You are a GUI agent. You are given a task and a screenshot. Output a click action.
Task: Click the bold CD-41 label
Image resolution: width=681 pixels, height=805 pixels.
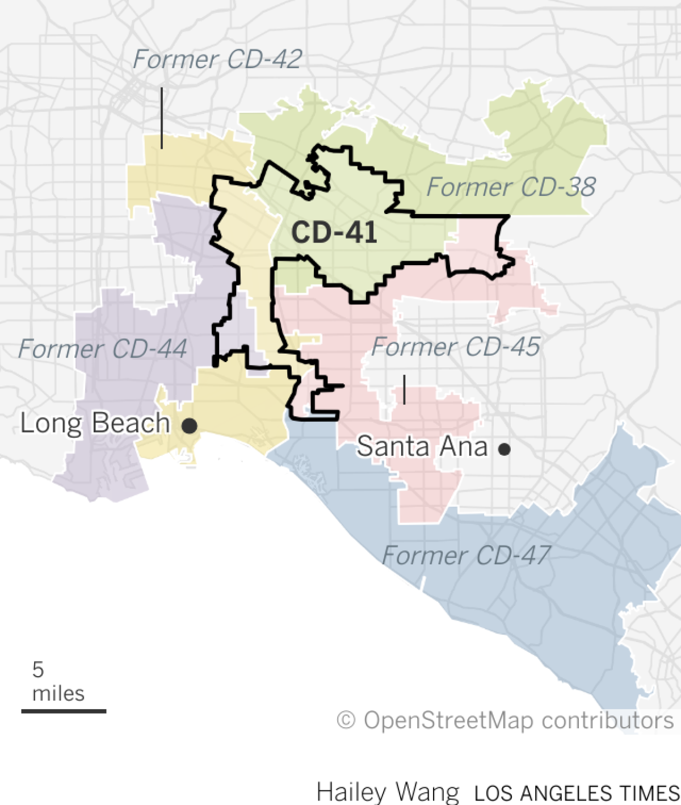coord(334,232)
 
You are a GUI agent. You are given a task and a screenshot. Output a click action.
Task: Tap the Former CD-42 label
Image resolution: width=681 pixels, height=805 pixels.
coord(217,60)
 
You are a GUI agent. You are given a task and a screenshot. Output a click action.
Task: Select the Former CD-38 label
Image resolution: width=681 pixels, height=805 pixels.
coord(511,187)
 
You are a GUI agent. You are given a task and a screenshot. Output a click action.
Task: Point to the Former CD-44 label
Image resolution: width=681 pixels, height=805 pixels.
coord(102,349)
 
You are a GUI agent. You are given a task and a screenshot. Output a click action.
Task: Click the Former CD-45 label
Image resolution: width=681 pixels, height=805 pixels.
coord(456,347)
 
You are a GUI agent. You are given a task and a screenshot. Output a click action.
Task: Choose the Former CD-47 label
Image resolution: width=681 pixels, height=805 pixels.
coord(466,555)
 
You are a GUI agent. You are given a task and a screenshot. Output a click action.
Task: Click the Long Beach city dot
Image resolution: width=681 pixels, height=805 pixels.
coord(189,425)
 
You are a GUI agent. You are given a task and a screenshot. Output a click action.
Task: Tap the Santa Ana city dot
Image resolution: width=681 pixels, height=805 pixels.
coord(504,450)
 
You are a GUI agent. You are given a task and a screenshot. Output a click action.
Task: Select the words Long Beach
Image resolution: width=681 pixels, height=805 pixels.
coord(95,424)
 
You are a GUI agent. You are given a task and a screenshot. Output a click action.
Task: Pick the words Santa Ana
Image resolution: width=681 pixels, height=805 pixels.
coord(422,447)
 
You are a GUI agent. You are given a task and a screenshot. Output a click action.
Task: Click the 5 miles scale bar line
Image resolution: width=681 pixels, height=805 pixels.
coord(64,711)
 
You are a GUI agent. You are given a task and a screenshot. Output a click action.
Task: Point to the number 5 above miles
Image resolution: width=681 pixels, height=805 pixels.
coord(38,670)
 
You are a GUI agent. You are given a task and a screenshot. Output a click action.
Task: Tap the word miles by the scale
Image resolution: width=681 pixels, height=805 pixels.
coord(58,694)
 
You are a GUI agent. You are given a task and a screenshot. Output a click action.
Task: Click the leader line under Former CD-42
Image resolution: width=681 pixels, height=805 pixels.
coord(162,118)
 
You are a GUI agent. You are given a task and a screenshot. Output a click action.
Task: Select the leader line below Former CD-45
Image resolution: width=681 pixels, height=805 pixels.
coord(404,389)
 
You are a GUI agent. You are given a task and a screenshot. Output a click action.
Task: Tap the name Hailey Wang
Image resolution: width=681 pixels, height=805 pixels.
coord(388,792)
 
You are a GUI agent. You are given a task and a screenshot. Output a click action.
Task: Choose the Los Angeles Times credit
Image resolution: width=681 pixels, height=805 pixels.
coord(576,793)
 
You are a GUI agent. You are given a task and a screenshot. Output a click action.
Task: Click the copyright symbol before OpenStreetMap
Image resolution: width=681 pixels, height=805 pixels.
coord(346,720)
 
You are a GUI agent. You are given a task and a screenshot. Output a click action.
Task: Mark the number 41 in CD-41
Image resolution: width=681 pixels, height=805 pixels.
coord(359,232)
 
